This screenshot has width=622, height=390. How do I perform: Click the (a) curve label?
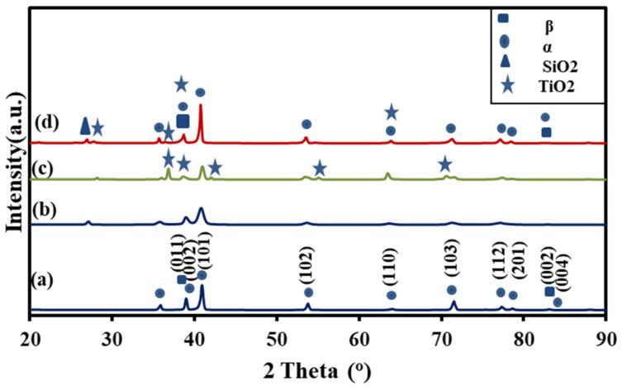[44, 279]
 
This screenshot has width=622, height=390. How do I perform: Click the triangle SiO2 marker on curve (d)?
[84, 126]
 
